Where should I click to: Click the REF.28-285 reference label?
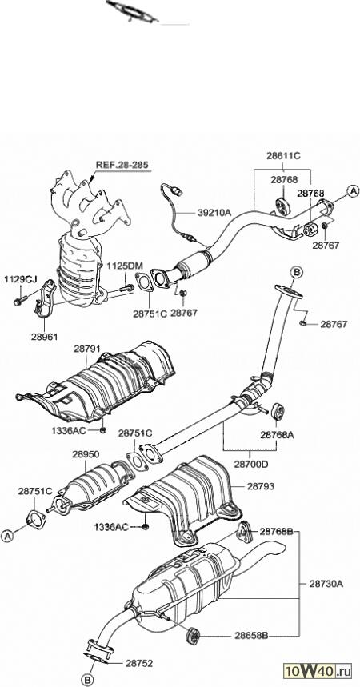click(x=122, y=165)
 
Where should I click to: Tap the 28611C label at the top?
click(x=283, y=155)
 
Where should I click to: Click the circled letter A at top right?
click(x=353, y=191)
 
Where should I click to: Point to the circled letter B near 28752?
click(x=89, y=679)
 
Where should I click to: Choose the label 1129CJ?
click(x=21, y=278)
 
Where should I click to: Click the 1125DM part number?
click(x=125, y=266)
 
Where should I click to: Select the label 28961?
click(x=44, y=337)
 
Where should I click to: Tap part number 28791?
click(x=87, y=349)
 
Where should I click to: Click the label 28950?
click(x=86, y=454)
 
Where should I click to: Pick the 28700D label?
click(x=250, y=465)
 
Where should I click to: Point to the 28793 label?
click(x=261, y=486)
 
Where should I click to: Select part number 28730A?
click(x=326, y=584)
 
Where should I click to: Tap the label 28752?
click(x=139, y=663)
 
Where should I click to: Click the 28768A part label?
click(x=277, y=435)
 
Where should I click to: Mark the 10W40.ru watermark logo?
click(x=318, y=670)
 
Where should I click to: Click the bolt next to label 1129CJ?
click(x=21, y=301)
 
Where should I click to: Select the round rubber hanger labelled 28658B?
click(x=193, y=635)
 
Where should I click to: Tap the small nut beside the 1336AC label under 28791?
click(x=102, y=430)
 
